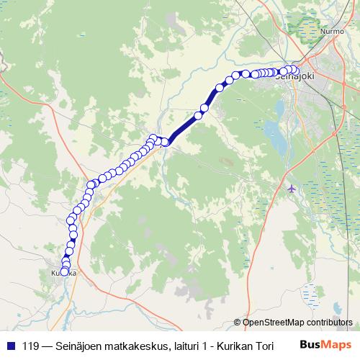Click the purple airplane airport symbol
click(x=291, y=189)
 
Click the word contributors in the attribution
click(x=330, y=323)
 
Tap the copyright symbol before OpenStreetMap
click(x=238, y=323)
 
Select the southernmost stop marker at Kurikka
click(x=64, y=272)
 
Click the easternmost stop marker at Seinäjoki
click(x=294, y=70)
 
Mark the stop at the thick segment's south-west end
click(x=165, y=142)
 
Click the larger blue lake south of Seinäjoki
click(x=274, y=131)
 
